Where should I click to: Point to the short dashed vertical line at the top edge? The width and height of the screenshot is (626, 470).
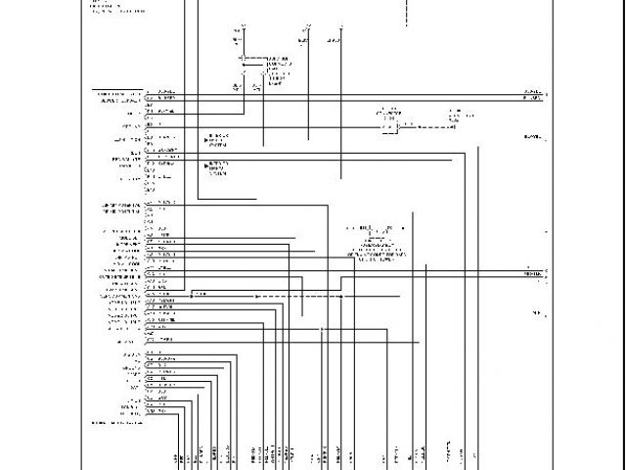coord(402,13)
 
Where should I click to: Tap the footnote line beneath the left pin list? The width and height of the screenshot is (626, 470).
coord(115,422)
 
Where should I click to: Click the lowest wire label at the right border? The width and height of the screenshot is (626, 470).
coord(537,312)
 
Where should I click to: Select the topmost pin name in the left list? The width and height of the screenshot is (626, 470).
coord(117,93)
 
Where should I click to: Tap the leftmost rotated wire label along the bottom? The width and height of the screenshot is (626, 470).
coord(177,458)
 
